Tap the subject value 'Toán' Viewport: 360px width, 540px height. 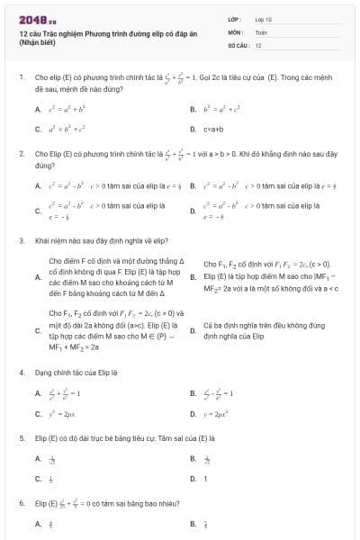(x=261, y=31)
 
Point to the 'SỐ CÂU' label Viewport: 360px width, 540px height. (x=237, y=44)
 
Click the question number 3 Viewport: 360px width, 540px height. (x=21, y=241)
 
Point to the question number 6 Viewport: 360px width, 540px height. (x=21, y=503)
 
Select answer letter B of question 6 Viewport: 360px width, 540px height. (x=193, y=524)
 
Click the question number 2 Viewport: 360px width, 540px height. (x=21, y=154)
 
